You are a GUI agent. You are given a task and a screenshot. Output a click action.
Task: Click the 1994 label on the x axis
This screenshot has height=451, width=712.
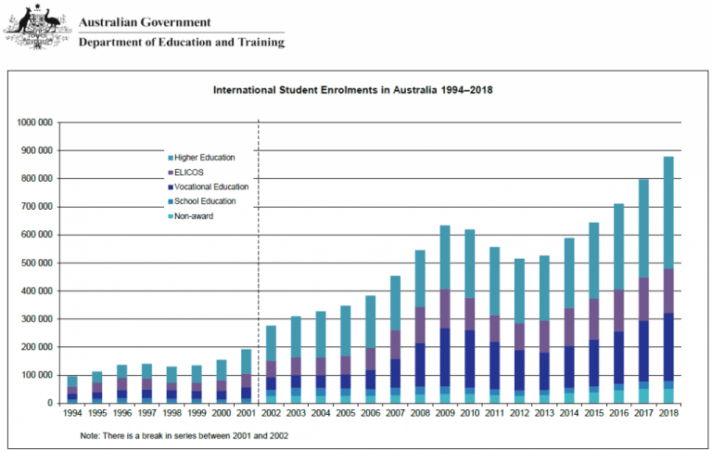point(72,415)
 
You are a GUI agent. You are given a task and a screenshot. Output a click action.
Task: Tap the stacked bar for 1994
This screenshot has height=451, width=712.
point(72,389)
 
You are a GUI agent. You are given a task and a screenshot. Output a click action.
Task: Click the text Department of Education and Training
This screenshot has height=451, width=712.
point(182,42)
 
